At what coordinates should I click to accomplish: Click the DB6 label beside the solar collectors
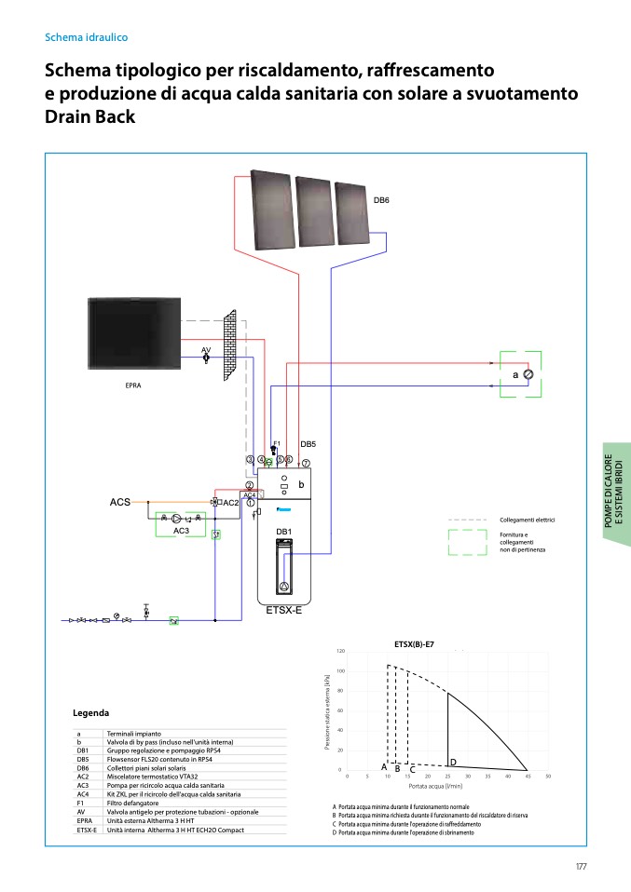381,200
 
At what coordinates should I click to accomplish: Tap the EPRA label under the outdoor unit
133,385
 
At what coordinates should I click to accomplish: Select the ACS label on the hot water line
120,503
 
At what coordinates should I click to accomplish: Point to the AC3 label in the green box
182,530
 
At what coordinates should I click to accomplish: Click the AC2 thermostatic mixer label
231,503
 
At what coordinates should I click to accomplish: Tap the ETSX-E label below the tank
284,611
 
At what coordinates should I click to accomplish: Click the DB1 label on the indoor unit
284,532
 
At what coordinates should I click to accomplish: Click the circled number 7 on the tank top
305,463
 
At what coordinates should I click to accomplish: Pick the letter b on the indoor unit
301,485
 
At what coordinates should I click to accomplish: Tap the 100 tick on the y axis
340,671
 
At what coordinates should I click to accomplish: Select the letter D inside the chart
453,762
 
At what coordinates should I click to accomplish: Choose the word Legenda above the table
91,713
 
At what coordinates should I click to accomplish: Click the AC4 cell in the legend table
83,793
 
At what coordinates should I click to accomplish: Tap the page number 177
581,867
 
